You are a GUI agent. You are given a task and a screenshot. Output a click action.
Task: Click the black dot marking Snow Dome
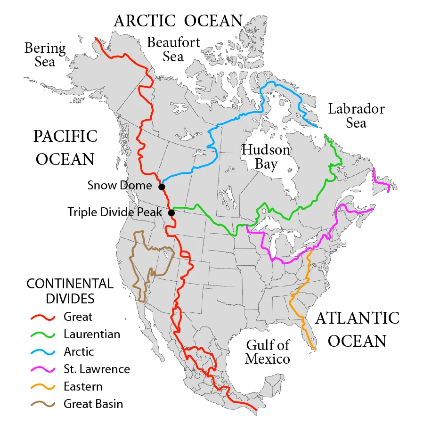point(162,187)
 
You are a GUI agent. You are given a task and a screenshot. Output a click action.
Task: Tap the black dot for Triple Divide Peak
point(171,213)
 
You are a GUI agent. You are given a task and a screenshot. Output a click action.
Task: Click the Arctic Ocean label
point(178,21)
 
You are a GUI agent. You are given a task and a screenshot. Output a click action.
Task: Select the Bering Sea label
point(45,55)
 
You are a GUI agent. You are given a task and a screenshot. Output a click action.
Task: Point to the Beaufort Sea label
point(173,49)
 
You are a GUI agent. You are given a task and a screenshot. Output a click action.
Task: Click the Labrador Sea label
point(356,116)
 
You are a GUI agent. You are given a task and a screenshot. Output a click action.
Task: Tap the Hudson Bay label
point(266,157)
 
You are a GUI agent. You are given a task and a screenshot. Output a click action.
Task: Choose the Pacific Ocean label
point(65,147)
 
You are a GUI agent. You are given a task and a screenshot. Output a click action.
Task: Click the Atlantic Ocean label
point(357,329)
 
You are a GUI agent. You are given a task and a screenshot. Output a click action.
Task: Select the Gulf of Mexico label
point(267,352)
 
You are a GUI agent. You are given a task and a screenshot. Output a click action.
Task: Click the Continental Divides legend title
point(70,291)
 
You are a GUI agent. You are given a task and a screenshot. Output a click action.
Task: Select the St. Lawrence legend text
point(96,369)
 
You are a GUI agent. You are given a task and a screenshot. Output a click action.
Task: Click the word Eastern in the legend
point(83,387)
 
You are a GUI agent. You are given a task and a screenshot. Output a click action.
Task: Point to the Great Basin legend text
point(93,404)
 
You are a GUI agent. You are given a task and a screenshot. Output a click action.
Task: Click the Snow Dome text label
point(120,186)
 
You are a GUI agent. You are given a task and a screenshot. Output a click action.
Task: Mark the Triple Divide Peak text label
point(114,212)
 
